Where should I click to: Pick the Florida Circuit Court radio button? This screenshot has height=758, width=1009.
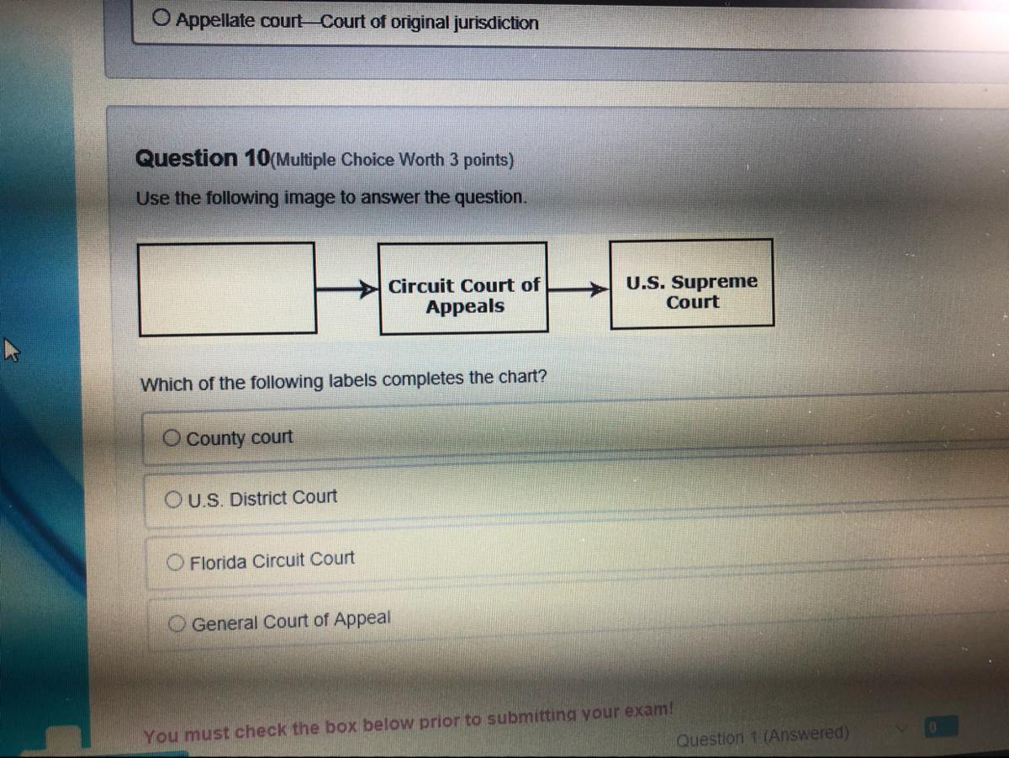click(177, 561)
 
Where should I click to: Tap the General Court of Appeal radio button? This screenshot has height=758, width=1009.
click(179, 623)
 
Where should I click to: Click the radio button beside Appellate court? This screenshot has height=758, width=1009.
click(163, 18)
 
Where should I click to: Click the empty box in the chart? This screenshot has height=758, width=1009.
click(227, 289)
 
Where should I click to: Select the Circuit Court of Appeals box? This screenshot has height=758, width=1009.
click(463, 289)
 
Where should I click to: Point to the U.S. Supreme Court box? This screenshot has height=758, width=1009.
click(691, 284)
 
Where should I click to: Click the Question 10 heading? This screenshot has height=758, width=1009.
click(203, 158)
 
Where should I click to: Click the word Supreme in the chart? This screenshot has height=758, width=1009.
click(714, 282)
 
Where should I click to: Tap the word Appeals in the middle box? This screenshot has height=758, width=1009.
click(465, 306)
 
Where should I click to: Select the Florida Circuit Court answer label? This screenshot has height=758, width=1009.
click(272, 560)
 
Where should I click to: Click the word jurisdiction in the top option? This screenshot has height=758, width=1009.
click(496, 23)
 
